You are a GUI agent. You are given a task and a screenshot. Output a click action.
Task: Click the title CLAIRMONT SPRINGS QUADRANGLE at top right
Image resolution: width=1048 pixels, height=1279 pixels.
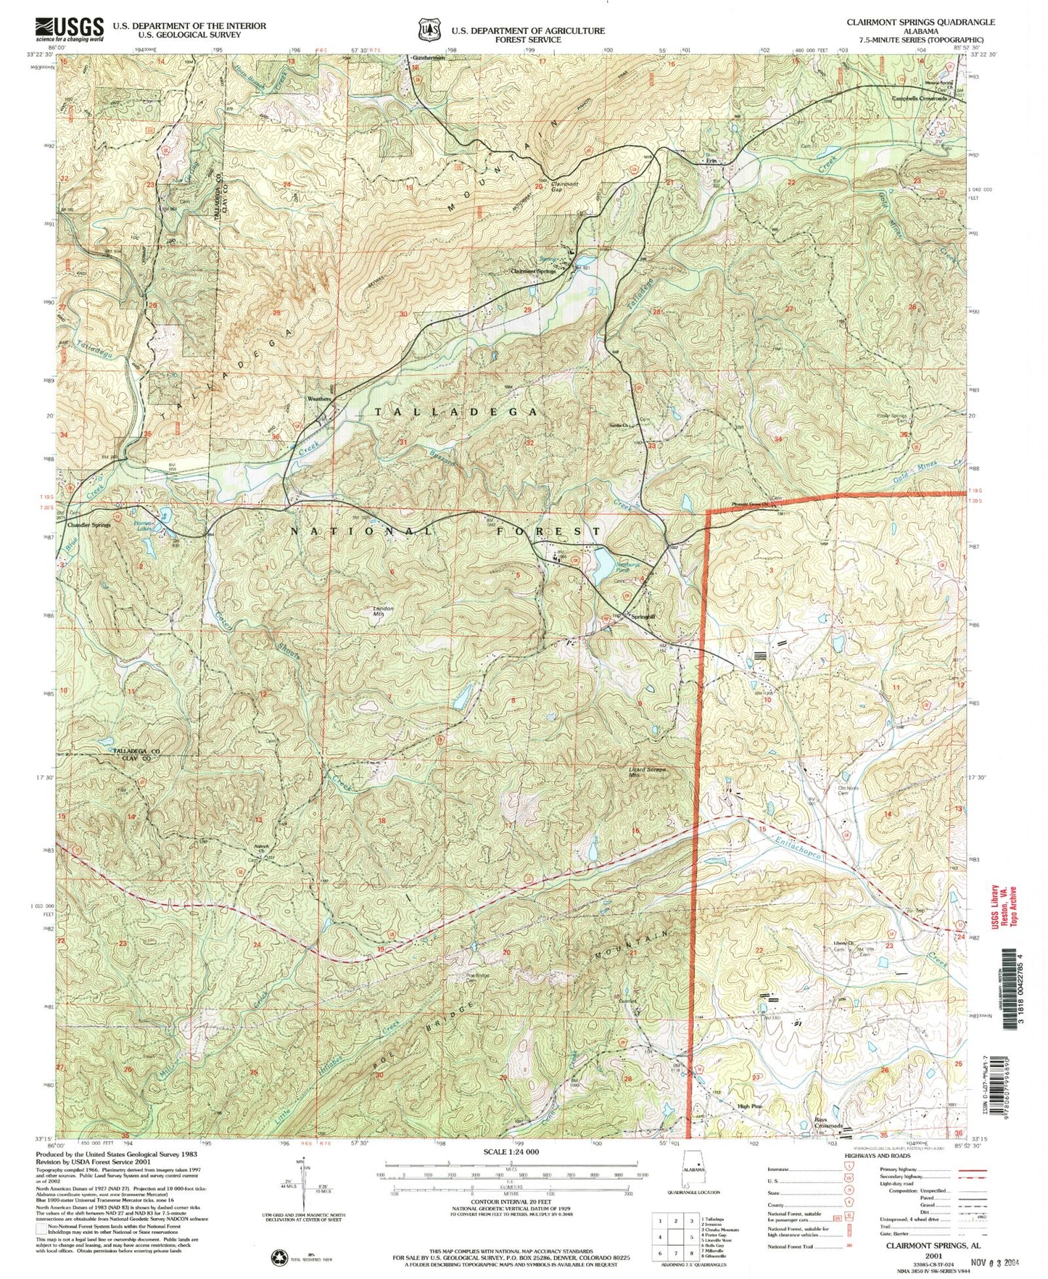click(920, 22)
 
